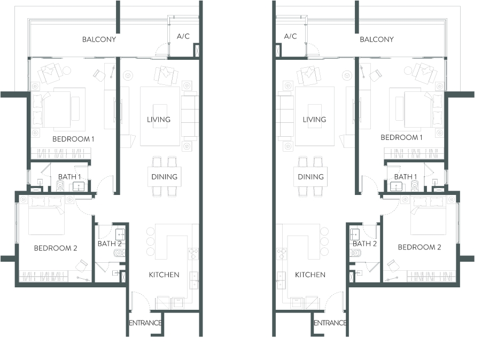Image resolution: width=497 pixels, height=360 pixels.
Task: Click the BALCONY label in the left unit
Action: coord(99,40)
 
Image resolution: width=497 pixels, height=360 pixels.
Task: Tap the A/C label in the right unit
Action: coord(290,36)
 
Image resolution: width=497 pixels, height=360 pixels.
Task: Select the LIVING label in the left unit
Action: coord(159,120)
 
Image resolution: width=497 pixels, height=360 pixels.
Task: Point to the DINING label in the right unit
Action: coord(310,177)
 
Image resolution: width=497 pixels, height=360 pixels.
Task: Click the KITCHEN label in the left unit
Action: coord(164,275)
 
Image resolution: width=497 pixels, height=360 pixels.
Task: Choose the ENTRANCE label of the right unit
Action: coord(330,323)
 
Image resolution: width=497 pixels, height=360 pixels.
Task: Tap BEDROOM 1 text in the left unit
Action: coord(73,139)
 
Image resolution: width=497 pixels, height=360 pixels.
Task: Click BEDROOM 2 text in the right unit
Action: coord(420,247)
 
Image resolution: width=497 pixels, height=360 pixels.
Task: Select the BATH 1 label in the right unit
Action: coord(406,177)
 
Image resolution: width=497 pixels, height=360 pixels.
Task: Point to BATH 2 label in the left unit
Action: coord(110,244)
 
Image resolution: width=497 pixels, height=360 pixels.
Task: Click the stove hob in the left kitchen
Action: coord(193,254)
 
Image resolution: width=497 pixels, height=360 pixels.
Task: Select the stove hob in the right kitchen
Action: coord(281,254)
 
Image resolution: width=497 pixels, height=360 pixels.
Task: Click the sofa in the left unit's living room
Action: coord(190,116)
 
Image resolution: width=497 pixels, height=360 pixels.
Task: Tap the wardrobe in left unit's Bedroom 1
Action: coord(60,154)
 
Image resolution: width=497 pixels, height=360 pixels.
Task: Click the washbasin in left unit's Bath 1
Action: coord(79,186)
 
